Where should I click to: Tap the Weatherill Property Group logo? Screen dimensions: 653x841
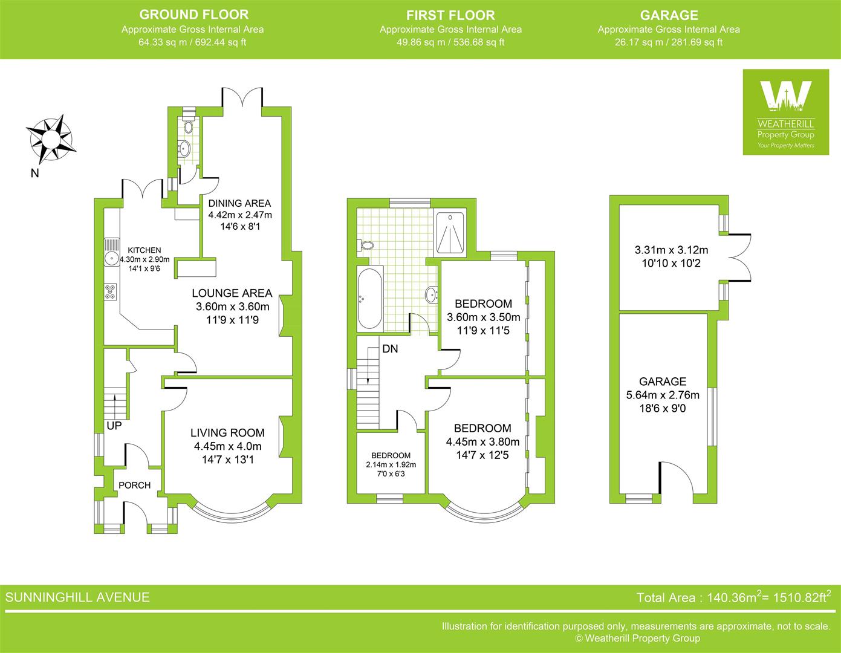[x=785, y=112]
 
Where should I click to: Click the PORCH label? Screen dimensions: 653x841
[x=134, y=485]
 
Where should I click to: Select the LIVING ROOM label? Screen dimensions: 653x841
[x=227, y=432]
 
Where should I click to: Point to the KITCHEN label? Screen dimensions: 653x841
[x=144, y=250]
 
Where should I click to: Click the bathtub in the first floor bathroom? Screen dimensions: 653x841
[x=369, y=297]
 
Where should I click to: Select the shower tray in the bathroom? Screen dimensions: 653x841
[x=450, y=232]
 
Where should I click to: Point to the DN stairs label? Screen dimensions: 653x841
[x=390, y=349]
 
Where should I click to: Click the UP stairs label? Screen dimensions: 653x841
[x=114, y=426]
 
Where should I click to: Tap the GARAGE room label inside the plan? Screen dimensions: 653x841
[x=663, y=382]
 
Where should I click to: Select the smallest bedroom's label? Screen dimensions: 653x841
[x=391, y=455]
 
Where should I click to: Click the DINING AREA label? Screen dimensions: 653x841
[x=239, y=203]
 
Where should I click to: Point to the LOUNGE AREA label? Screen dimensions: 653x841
[x=232, y=293]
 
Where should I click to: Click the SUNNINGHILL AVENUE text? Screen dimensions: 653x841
[x=77, y=597]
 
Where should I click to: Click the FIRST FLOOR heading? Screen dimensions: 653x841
[x=450, y=15]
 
